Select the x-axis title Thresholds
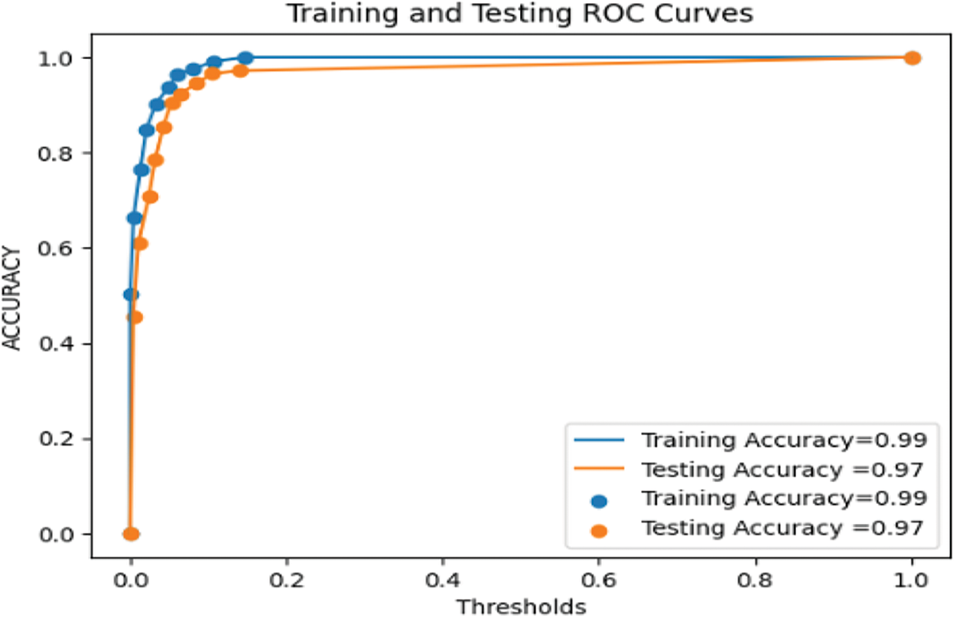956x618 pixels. coord(521,606)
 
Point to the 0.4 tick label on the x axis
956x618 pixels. coord(443,577)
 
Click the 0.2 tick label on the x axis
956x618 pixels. coord(287,577)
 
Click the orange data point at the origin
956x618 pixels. coord(131,534)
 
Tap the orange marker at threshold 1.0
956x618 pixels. coord(912,58)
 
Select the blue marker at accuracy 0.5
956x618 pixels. coord(131,294)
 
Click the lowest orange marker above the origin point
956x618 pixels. coord(135,317)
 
